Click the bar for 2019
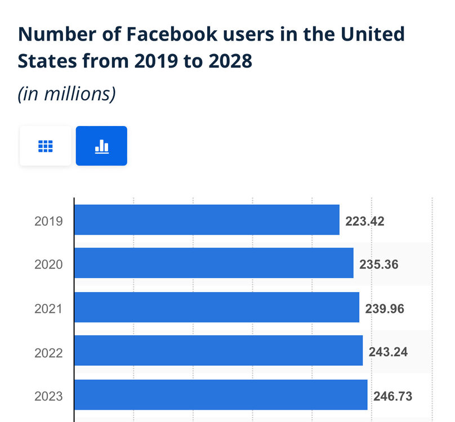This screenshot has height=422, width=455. click(207, 220)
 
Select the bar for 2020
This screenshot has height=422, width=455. click(214, 263)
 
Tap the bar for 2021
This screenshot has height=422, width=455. click(217, 307)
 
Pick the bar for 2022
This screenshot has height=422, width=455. click(218, 351)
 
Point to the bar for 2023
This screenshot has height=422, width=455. click(221, 395)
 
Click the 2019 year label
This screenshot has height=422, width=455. click(48, 221)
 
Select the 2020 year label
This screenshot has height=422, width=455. click(48, 264)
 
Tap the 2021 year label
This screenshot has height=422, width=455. click(48, 308)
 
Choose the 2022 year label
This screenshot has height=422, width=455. click(48, 353)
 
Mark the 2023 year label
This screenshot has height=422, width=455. click(48, 397)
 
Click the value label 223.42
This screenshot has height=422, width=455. click(365, 221)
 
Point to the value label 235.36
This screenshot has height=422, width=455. click(379, 265)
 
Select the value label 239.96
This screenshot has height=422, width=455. click(385, 309)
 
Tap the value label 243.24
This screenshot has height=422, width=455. click(388, 353)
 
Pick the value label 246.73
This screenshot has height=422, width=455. click(392, 397)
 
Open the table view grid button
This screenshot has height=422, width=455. click(45, 146)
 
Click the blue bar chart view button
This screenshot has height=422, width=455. click(101, 146)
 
